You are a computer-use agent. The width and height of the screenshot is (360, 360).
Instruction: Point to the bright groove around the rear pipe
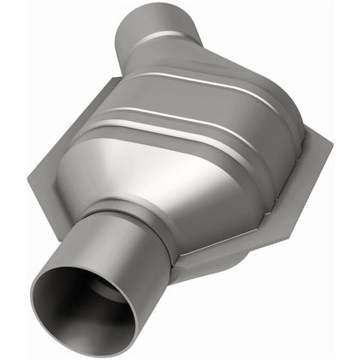pyautogui.click(x=168, y=39)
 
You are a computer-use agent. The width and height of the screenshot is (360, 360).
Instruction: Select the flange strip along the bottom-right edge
pyautogui.click(x=257, y=249)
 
